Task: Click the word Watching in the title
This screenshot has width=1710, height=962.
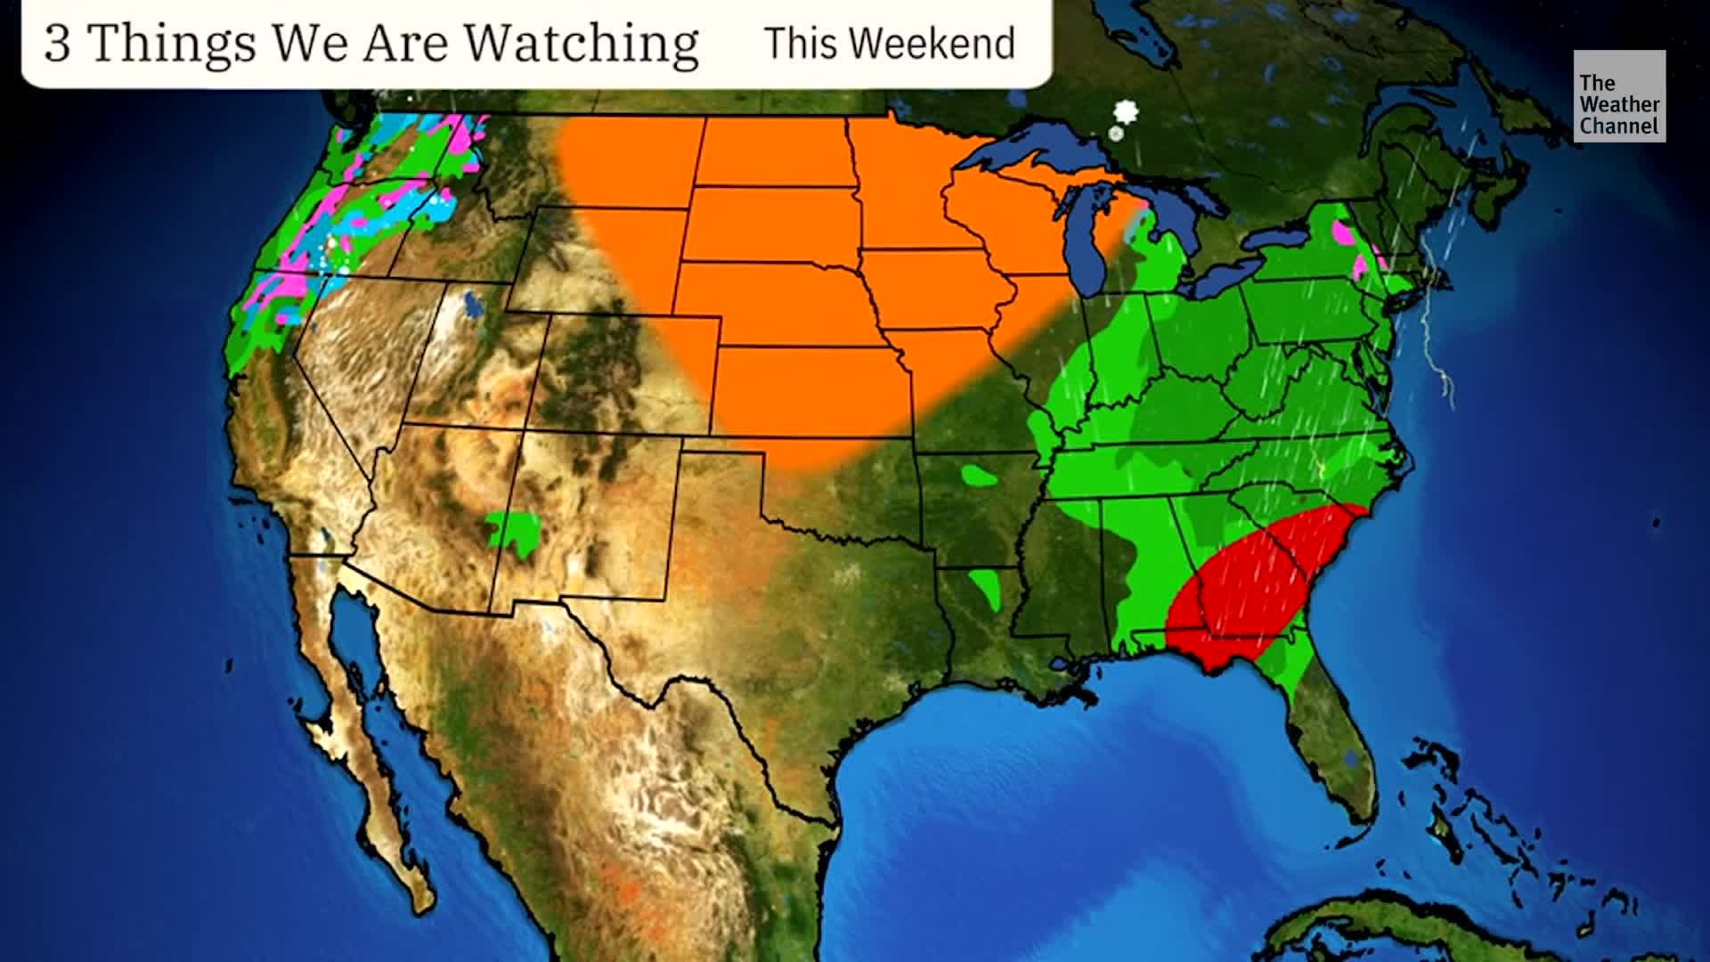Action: tap(582, 43)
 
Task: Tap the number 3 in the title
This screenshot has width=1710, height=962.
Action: tap(57, 43)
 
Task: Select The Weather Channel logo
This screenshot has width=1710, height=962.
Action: tap(1618, 96)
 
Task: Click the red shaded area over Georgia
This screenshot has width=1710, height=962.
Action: tap(1256, 588)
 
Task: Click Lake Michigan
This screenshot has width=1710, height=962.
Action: tap(1090, 240)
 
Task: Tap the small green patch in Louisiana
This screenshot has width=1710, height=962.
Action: tap(986, 588)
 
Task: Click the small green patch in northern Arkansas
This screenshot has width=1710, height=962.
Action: tap(980, 476)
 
